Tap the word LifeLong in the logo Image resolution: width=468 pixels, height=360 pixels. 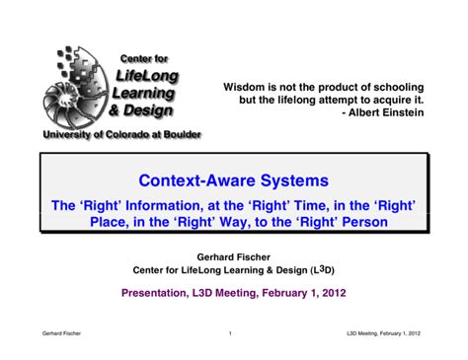[x=145, y=76]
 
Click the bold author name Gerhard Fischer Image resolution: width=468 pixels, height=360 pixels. [x=233, y=254]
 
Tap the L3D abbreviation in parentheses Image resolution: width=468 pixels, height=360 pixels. [x=322, y=268]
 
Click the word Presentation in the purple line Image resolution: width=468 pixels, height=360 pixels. [x=160, y=292]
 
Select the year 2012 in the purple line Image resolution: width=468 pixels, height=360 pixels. [x=330, y=292]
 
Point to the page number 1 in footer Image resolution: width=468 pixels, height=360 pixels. [x=229, y=333]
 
